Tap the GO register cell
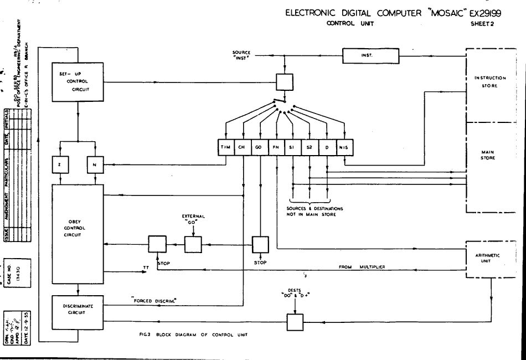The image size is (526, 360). [x=259, y=148]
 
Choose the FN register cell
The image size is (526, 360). [x=276, y=148]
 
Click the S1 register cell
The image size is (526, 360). [x=292, y=148]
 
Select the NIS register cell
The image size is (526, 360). [x=344, y=148]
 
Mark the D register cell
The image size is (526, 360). [x=327, y=148]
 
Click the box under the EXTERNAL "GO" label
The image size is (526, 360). [x=193, y=244]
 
